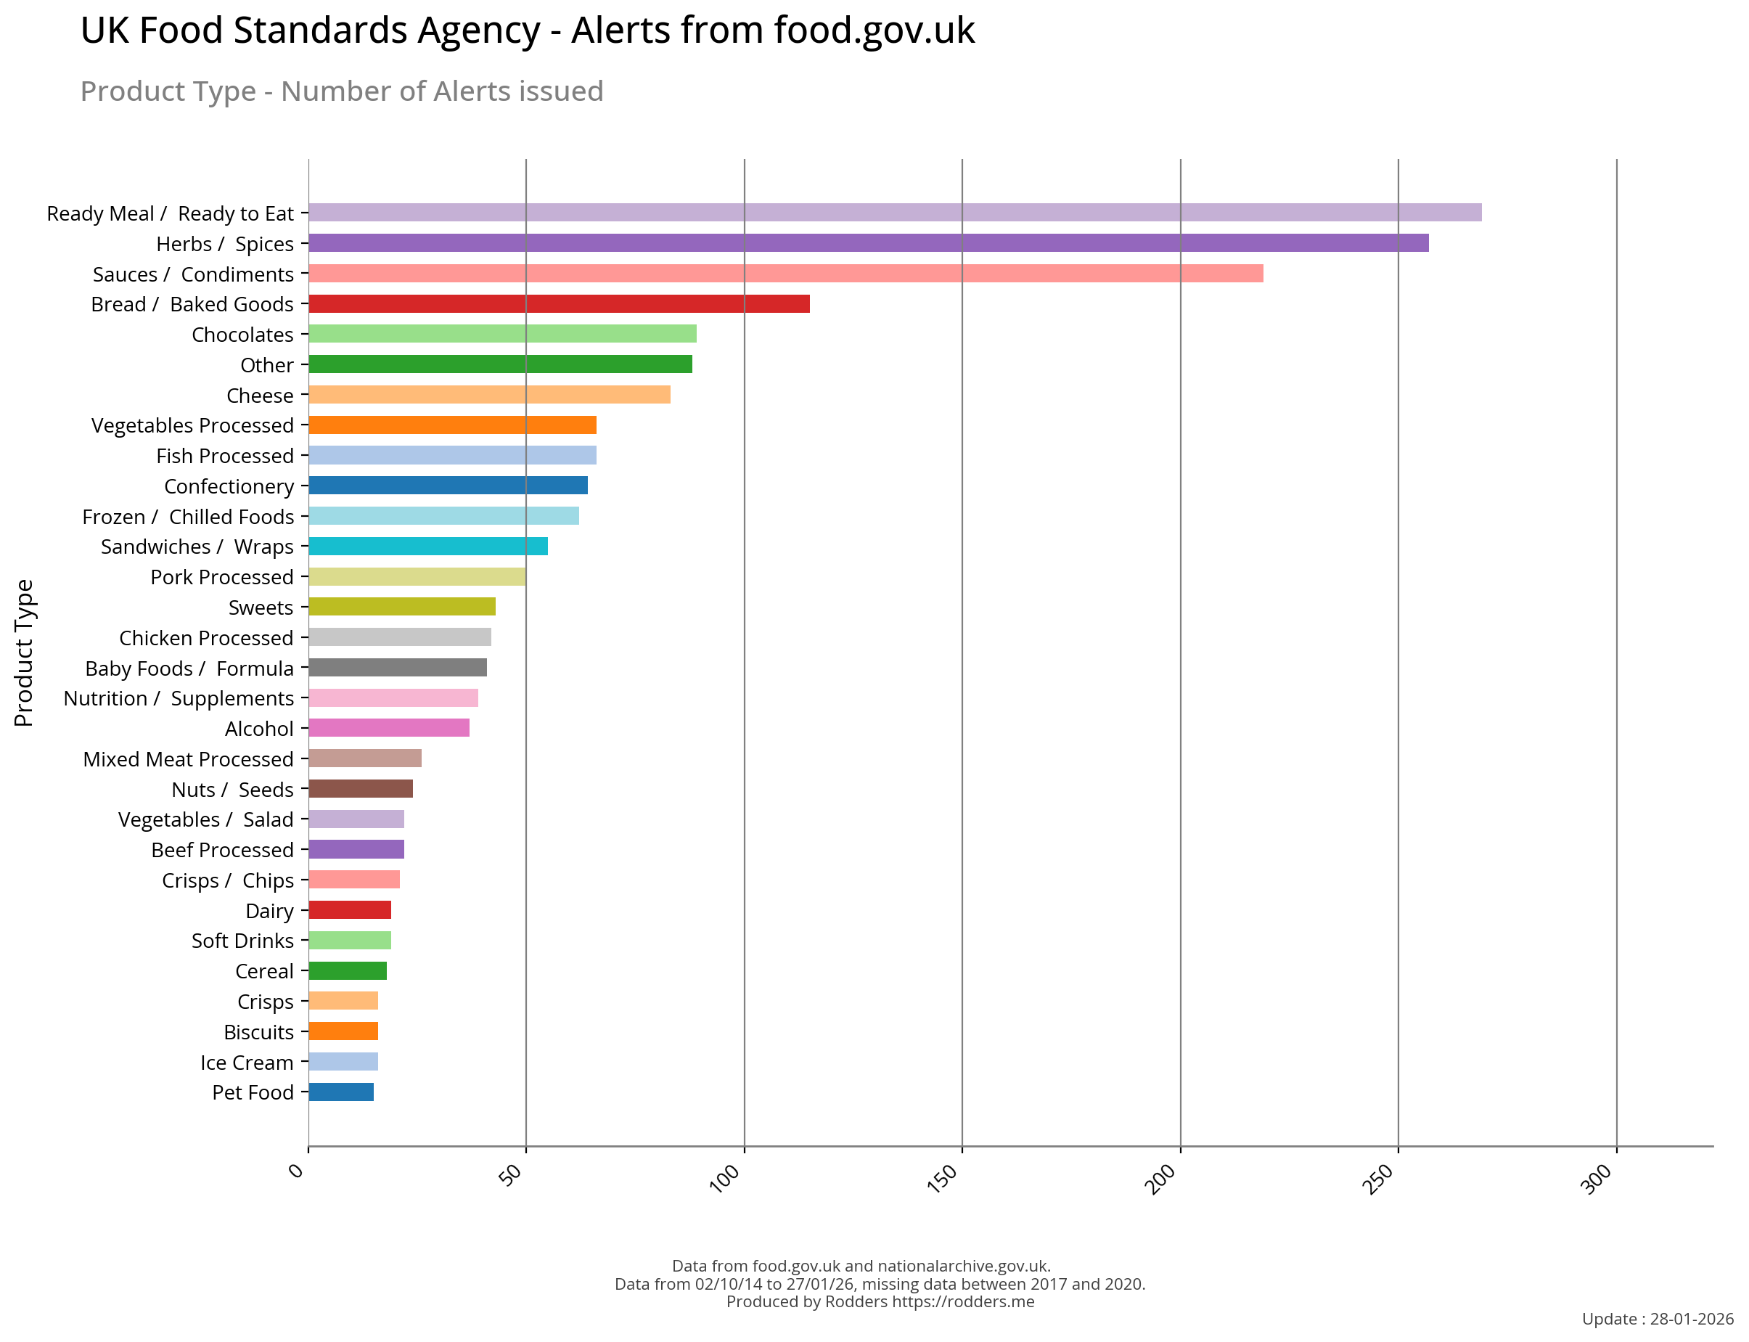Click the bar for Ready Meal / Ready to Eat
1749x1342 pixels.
point(895,213)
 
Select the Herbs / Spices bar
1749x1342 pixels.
point(868,243)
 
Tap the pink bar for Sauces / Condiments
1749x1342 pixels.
point(785,273)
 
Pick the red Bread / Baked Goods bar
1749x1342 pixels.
point(559,303)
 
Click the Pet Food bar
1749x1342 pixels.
point(341,1092)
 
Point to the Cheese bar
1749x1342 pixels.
point(488,395)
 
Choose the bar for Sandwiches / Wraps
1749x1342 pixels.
point(428,547)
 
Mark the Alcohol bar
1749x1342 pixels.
point(389,728)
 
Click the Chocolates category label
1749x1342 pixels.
point(242,335)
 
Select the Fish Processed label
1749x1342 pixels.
point(224,456)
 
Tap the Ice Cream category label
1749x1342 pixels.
point(246,1063)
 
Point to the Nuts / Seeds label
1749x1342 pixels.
point(232,789)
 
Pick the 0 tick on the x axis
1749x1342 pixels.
point(296,1171)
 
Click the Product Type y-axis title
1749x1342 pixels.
point(24,652)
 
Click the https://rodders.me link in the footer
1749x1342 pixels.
point(962,1301)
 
